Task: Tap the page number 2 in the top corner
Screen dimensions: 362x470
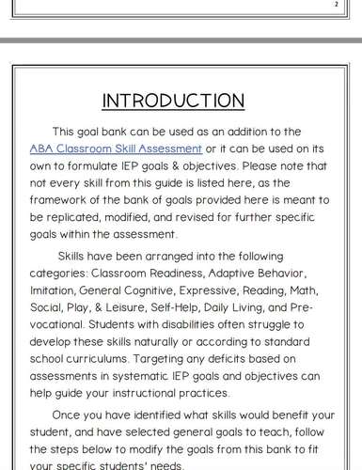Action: (335, 4)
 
